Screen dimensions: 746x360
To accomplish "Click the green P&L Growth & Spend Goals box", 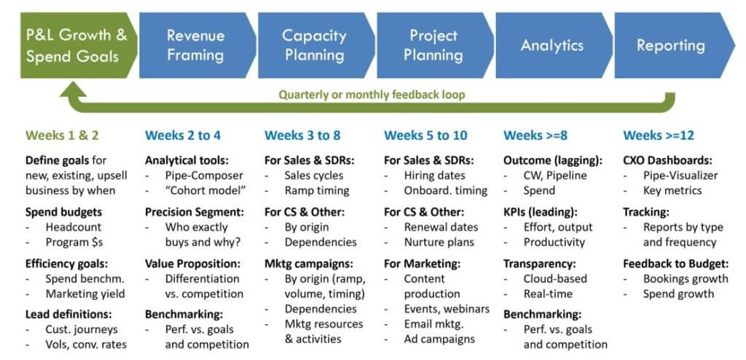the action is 76,45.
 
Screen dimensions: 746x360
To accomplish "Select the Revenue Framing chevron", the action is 196,45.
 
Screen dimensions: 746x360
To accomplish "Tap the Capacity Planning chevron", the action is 315,45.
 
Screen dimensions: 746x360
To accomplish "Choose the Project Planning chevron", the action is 434,45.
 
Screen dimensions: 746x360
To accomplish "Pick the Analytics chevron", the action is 553,45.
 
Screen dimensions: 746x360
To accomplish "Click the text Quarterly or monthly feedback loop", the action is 372,94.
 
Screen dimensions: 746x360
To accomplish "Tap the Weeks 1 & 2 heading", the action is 63,136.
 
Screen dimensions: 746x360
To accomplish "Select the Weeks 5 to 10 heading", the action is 425,136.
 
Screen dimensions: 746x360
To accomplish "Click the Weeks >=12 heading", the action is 659,136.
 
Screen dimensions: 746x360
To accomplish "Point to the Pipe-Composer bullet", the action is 204,176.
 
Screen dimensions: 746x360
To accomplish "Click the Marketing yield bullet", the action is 85,294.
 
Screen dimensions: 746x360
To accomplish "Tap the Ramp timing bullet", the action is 317,190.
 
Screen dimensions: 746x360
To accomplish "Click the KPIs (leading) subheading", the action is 541,212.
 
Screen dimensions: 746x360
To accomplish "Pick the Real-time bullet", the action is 548,294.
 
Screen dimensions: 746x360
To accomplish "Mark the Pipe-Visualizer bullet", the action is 680,176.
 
